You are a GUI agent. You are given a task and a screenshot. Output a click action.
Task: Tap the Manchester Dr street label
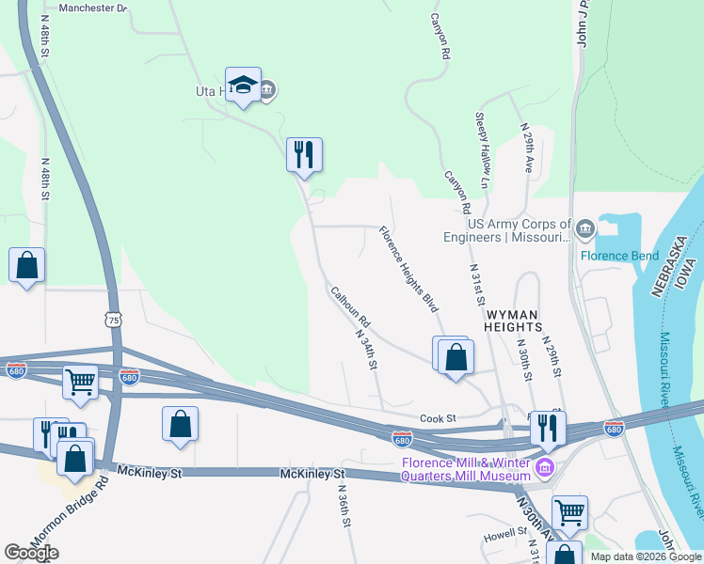pos(92,8)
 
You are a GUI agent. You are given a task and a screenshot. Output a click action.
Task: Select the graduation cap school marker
pos(243,86)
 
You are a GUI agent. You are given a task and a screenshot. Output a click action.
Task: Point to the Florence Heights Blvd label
pos(409,269)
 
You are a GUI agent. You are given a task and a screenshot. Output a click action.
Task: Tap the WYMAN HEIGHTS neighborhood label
pos(514,320)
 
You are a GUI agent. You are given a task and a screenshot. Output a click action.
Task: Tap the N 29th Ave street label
pos(528,147)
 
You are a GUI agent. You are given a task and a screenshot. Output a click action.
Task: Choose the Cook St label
pos(438,418)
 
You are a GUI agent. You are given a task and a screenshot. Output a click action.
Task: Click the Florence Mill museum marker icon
pos(543,467)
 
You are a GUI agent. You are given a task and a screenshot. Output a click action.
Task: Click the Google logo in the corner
pos(31,553)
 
